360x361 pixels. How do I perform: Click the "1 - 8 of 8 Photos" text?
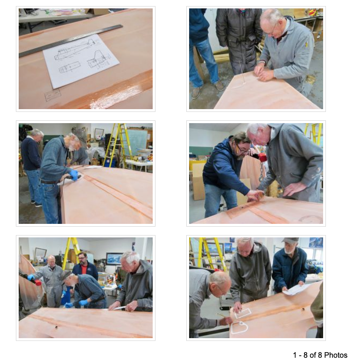(320, 355)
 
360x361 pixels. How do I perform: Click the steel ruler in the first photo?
(71, 41)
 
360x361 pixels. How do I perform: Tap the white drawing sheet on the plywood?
(81, 61)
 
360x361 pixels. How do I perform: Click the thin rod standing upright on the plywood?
(241, 72)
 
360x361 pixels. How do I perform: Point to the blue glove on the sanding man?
(74, 174)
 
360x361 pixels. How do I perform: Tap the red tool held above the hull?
(261, 157)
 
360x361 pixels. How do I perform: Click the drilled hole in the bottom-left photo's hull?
(56, 326)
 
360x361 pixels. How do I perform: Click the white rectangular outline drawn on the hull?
(243, 313)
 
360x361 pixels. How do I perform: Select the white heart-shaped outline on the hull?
(239, 327)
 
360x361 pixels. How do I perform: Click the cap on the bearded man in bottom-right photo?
(290, 240)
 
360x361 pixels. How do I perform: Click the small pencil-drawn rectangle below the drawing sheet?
(53, 95)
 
